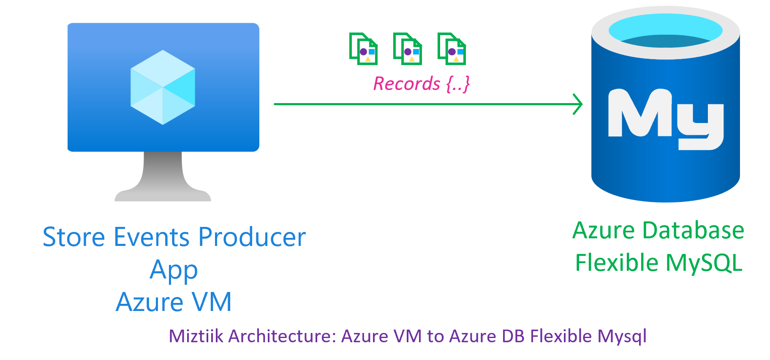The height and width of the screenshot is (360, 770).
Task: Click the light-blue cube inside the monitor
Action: [163, 87]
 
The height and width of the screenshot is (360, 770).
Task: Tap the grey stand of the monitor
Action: [163, 177]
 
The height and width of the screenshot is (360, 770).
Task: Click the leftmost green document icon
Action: [363, 49]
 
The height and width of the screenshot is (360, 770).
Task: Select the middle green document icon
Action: [408, 49]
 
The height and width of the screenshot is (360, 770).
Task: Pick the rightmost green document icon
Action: [452, 49]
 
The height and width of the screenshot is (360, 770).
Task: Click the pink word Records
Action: [406, 84]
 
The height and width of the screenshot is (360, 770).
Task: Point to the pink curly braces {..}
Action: [458, 84]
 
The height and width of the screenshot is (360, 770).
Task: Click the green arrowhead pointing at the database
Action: [578, 104]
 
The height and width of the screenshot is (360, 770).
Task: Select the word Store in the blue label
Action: [73, 237]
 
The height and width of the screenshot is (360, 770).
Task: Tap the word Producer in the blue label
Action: [252, 237]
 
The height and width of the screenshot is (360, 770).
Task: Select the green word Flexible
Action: [617, 263]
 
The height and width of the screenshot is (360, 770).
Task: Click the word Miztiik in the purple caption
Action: [196, 336]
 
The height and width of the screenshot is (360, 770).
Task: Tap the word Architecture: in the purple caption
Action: [282, 336]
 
